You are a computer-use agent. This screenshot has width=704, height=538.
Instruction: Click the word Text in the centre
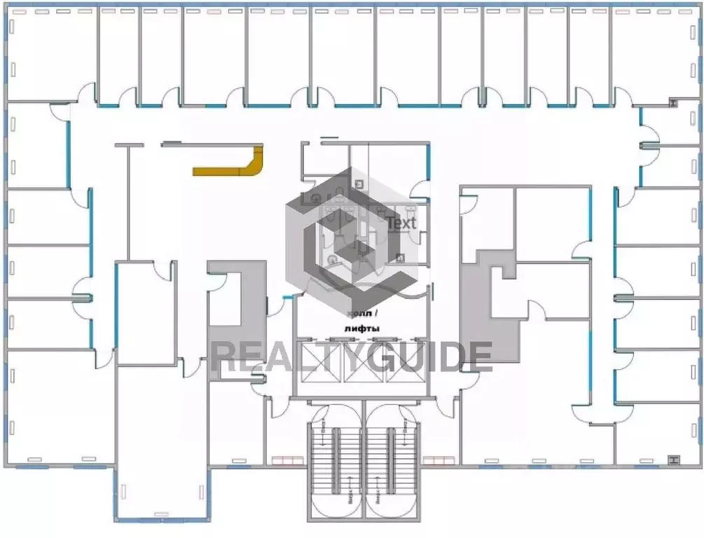click(401, 223)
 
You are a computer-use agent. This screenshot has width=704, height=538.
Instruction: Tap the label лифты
click(361, 328)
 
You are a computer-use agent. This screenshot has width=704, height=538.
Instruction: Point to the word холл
click(359, 313)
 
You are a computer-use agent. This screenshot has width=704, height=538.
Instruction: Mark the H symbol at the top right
click(673, 103)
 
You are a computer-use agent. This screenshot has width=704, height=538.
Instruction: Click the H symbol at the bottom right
click(673, 460)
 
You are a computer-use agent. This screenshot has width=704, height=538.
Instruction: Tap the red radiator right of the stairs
click(439, 460)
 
